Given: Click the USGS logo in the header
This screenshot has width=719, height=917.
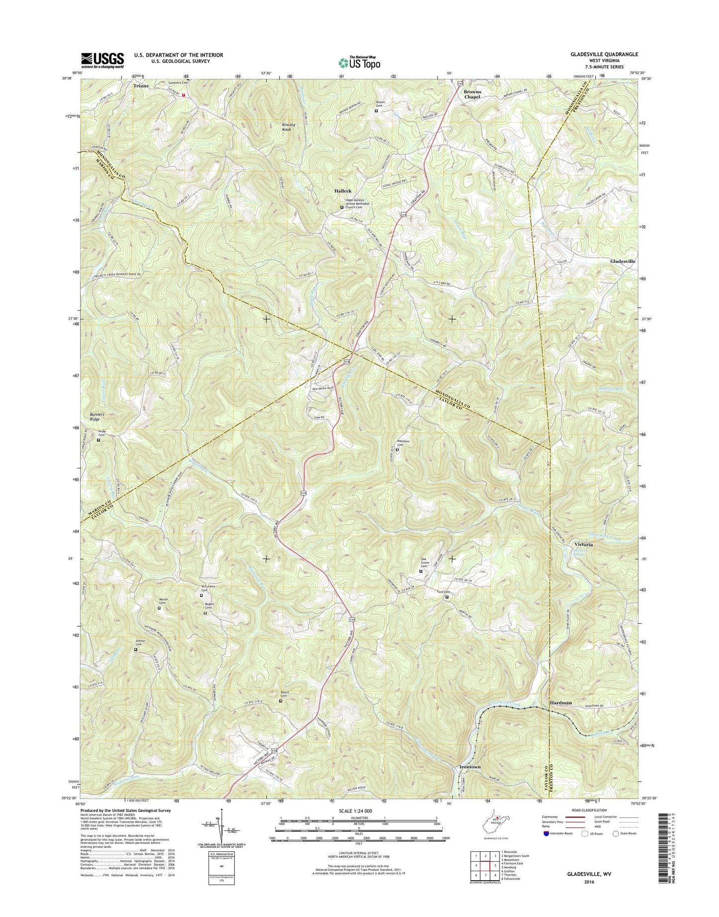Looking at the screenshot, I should click(x=103, y=60).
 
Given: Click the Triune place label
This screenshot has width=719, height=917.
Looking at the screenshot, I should click(x=141, y=86).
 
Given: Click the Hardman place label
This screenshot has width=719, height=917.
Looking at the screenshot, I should click(x=561, y=702).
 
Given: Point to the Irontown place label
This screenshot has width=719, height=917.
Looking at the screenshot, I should click(x=470, y=767).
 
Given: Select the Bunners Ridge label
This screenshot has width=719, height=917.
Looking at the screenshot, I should click(x=95, y=417).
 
